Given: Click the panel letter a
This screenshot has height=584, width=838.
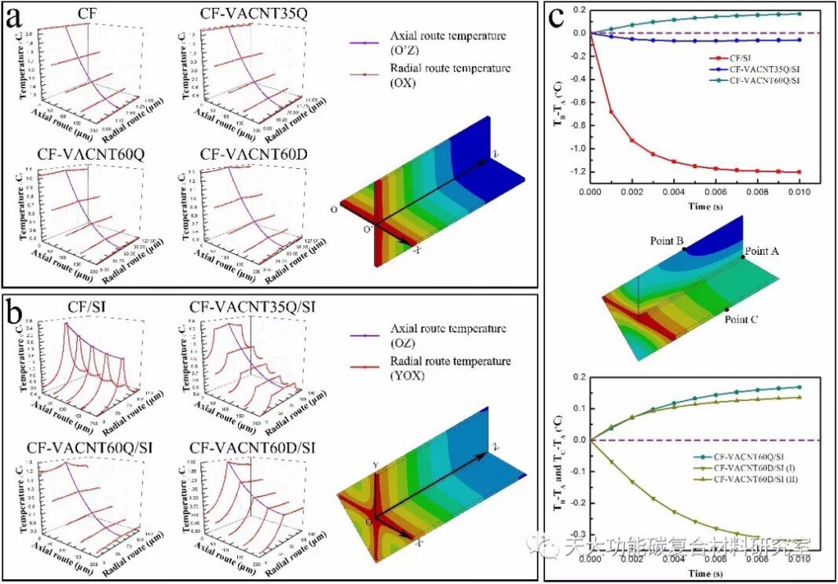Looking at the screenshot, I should [x=14, y=17].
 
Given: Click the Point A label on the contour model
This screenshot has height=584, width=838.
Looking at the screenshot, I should [x=762, y=251].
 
